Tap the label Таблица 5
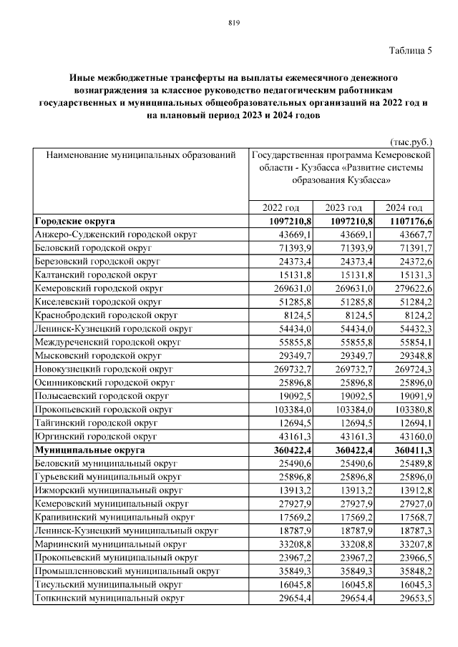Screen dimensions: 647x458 (x=411, y=50)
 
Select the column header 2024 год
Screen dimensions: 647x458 (x=404, y=207)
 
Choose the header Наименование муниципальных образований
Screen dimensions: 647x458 (x=140, y=154)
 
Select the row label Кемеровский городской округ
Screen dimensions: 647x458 (x=99, y=287)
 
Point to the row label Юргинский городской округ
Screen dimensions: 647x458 (x=96, y=435)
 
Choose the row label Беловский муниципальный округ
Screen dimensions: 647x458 (x=101, y=463)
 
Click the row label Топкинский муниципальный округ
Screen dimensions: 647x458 (x=103, y=598)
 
